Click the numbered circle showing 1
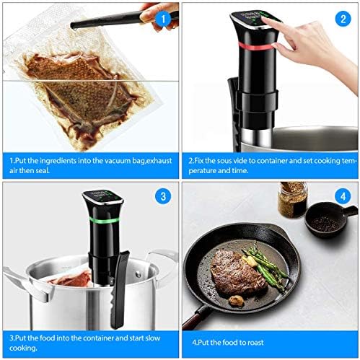pos(164,16)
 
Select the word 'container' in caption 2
pos(284,160)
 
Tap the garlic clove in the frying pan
pos(236,298)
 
